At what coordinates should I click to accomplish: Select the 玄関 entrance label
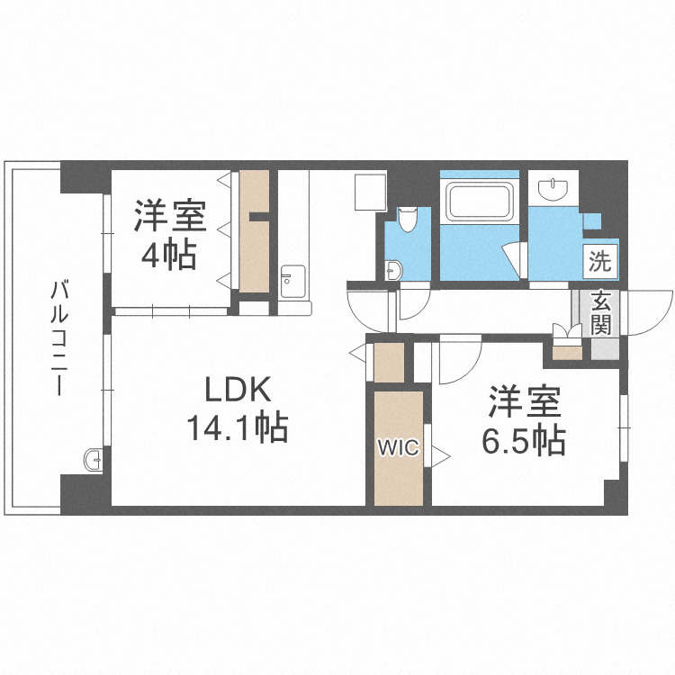pos(600,312)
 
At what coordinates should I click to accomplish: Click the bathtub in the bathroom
pos(479,202)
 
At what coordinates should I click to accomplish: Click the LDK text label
pos(237,391)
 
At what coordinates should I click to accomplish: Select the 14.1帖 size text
pos(238,427)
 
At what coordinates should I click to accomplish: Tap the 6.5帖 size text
pos(526,440)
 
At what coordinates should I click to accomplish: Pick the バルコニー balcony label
pos(60,338)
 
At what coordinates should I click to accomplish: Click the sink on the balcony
pos(93,460)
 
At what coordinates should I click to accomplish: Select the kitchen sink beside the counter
pos(293,280)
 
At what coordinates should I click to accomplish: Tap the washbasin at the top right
pos(553,189)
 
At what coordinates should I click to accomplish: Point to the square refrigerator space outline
pos(369,190)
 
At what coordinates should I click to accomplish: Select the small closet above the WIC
pos(390,362)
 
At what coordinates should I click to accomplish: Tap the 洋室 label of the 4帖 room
pos(171,216)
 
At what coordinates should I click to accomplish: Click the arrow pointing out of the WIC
pos(439,455)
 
